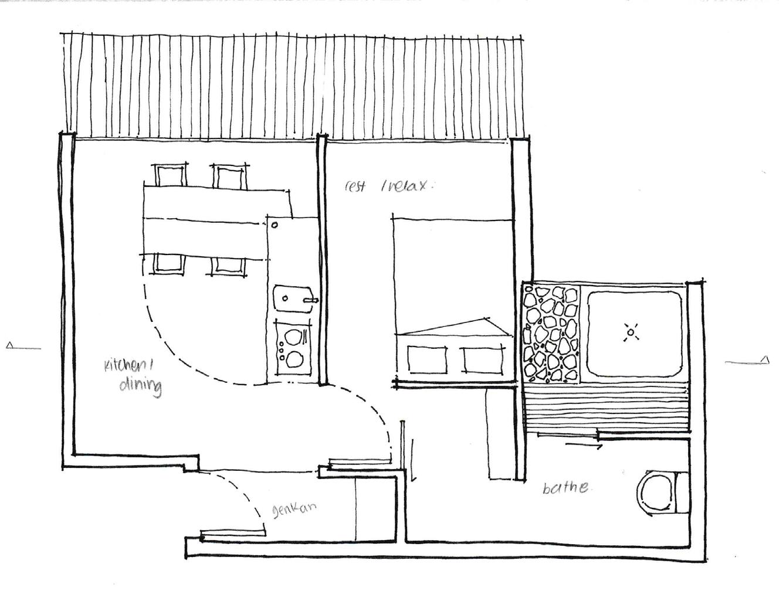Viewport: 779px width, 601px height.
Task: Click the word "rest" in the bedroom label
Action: (x=355, y=186)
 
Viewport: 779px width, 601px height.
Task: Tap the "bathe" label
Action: (x=565, y=487)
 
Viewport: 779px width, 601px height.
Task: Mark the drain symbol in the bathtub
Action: (x=631, y=333)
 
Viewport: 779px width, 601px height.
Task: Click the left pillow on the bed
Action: (x=427, y=359)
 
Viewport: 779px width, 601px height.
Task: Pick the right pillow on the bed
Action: (x=483, y=359)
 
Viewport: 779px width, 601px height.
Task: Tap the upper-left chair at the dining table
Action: (x=171, y=176)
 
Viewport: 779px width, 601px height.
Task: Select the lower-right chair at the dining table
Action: (x=228, y=264)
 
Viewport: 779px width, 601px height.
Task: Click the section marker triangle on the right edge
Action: (x=764, y=359)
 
